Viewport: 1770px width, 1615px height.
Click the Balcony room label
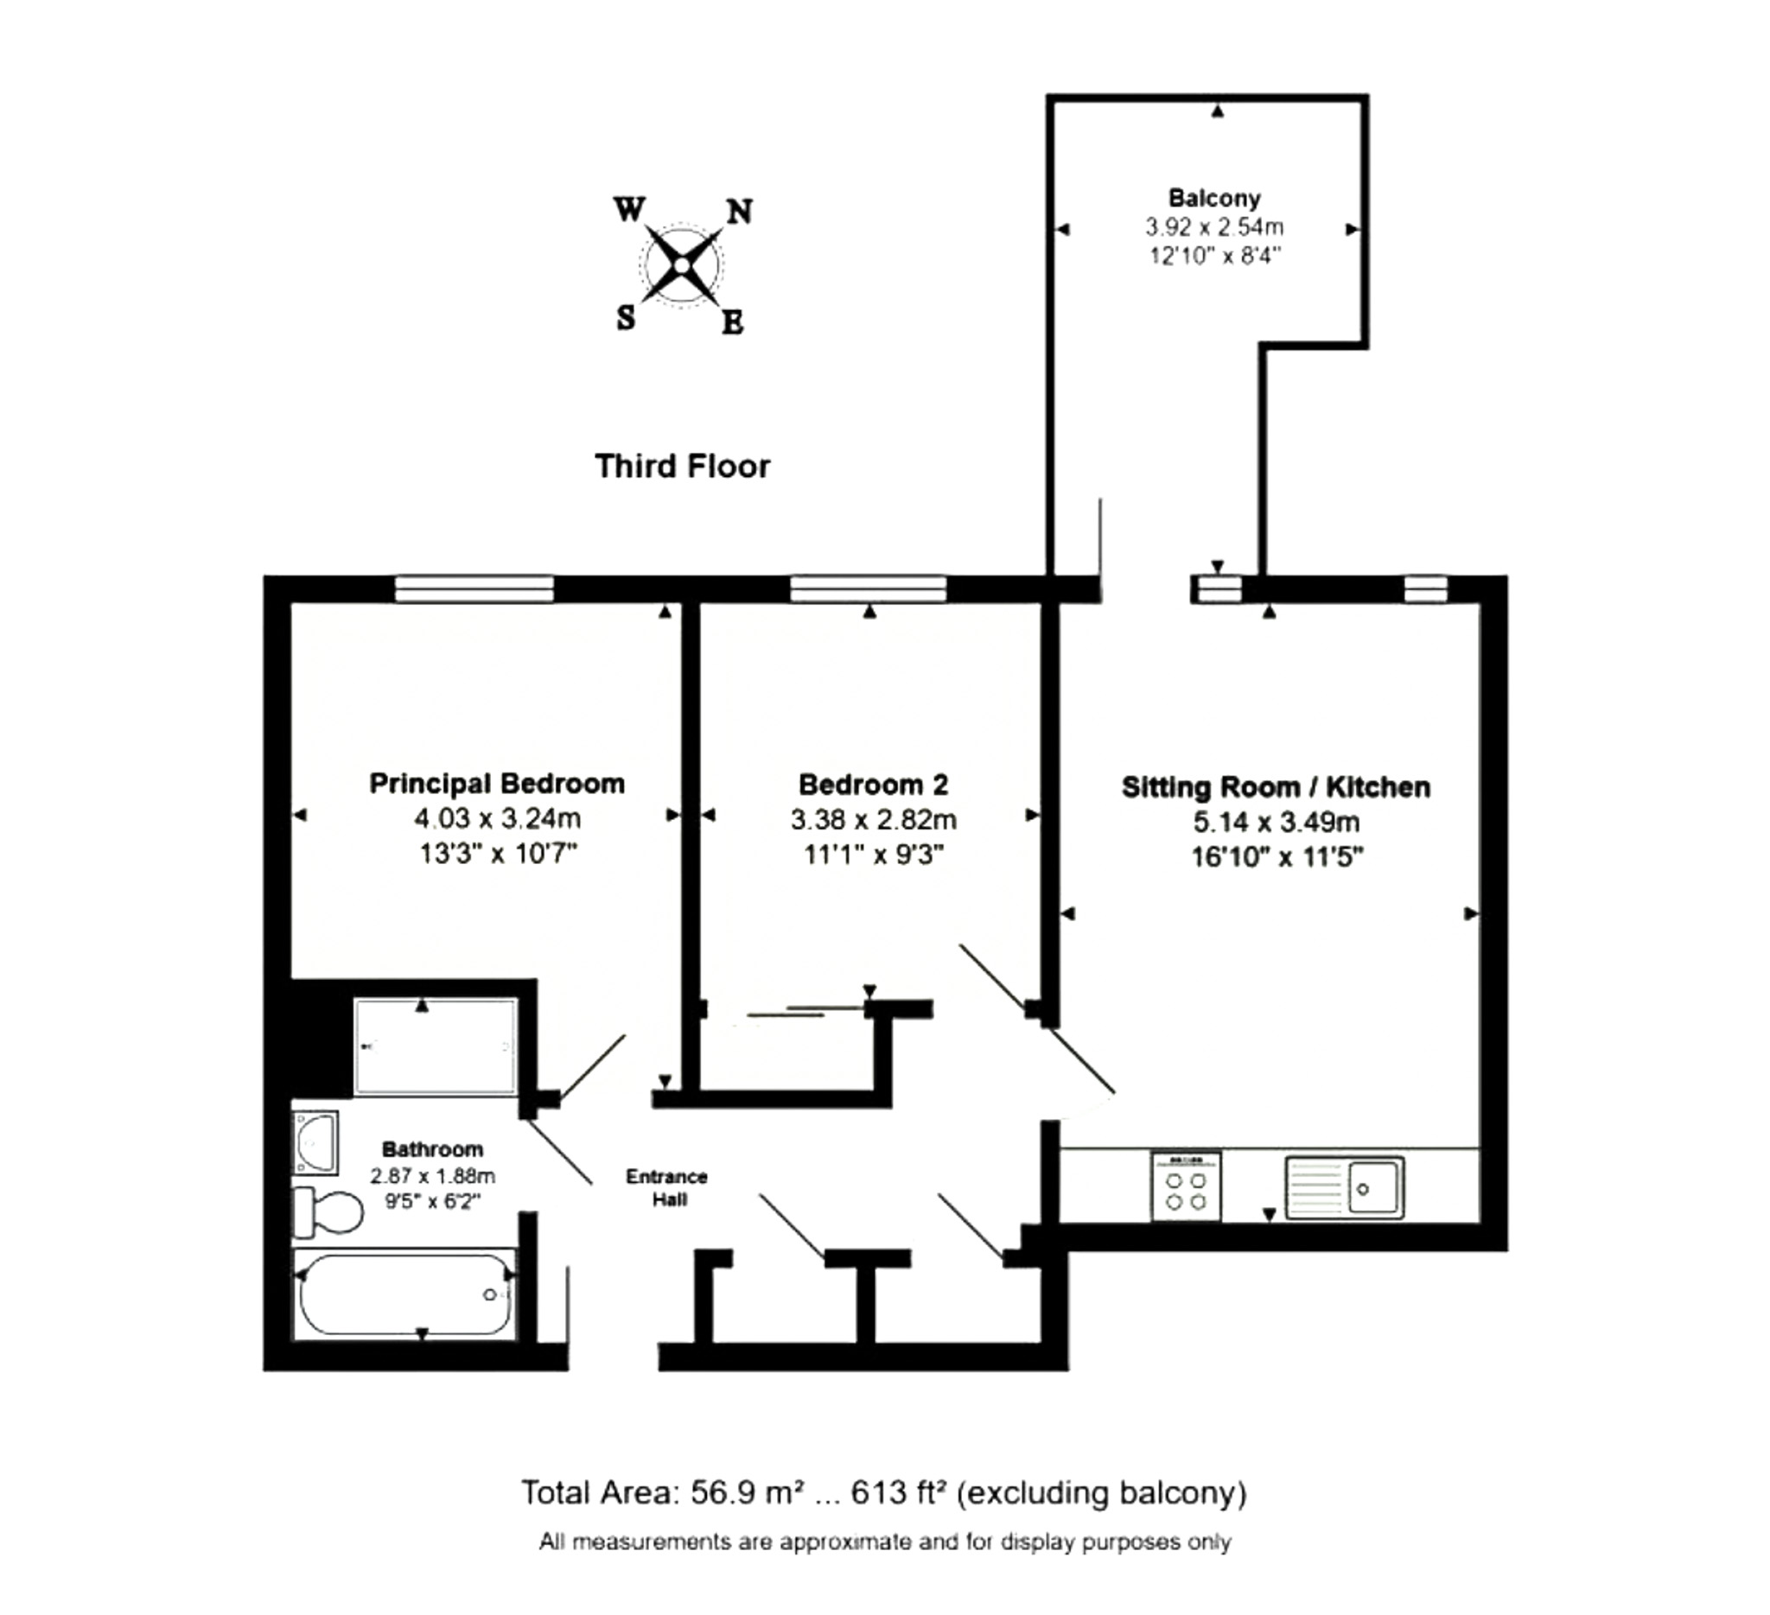pos(1214,199)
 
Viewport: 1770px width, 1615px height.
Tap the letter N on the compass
pos(739,212)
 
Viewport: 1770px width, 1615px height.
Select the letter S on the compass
pos(625,318)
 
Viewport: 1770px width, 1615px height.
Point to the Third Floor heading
pos(682,466)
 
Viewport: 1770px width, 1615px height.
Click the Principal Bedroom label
pos(497,783)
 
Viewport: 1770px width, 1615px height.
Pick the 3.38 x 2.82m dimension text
pos(873,820)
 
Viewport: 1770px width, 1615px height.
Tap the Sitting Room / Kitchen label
pos(1276,786)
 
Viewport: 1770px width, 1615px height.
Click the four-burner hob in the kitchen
pos(1185,1186)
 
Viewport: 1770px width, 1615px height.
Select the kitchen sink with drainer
pos(1344,1187)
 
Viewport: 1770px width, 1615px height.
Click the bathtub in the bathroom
pos(404,1295)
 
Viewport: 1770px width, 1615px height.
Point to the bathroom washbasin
pos(315,1142)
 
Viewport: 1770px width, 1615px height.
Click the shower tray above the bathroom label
pos(436,1046)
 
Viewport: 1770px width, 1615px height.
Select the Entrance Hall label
pos(666,1187)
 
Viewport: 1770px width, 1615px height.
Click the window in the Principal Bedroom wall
pos(474,589)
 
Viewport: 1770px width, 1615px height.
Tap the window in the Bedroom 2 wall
pos(869,589)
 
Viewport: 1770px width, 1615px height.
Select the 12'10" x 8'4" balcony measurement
pos(1214,257)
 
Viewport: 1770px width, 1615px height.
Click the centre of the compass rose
pos(682,264)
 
